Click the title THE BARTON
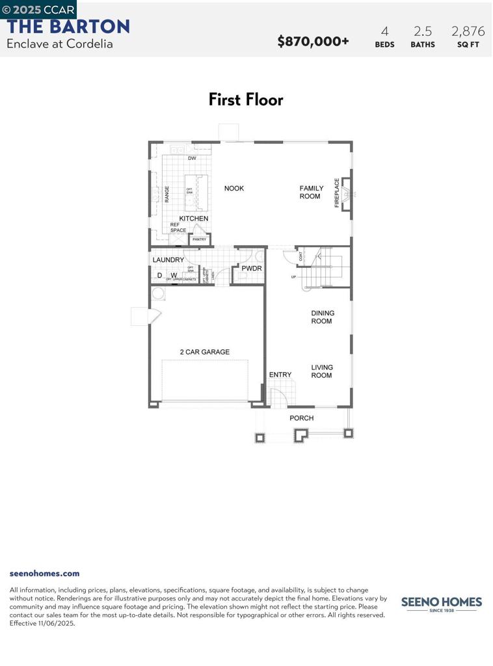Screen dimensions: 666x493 (68, 27)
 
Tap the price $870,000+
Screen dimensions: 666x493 (313, 42)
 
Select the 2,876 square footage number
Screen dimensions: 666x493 (468, 31)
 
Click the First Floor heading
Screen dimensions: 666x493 (246, 100)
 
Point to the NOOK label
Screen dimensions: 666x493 (234, 189)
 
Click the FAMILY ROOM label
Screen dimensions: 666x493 (311, 193)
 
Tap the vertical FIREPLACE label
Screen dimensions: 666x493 (337, 193)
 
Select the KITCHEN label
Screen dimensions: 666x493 (194, 219)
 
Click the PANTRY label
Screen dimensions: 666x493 (199, 239)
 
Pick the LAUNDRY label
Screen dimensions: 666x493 (168, 260)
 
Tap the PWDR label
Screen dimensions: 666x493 (252, 268)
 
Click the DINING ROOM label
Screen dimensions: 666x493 (323, 317)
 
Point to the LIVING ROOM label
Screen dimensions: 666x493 (321, 371)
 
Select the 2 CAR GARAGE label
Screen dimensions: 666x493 (205, 352)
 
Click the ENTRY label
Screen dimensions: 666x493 (280, 375)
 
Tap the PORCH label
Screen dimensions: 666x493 (302, 418)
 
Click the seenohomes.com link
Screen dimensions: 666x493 (44, 573)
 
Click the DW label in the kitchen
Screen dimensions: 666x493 (192, 159)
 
